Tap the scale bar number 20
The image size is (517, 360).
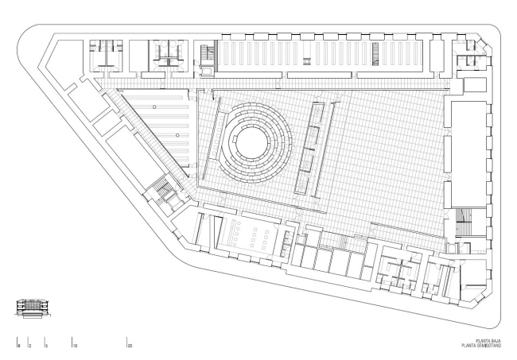pos(130,347)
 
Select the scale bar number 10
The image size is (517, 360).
pos(75,347)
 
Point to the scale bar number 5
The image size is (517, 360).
pos(47,347)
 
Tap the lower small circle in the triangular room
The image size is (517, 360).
pos(177,135)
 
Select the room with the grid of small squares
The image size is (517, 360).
pos(253,235)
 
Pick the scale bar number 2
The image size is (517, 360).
pos(29,347)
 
